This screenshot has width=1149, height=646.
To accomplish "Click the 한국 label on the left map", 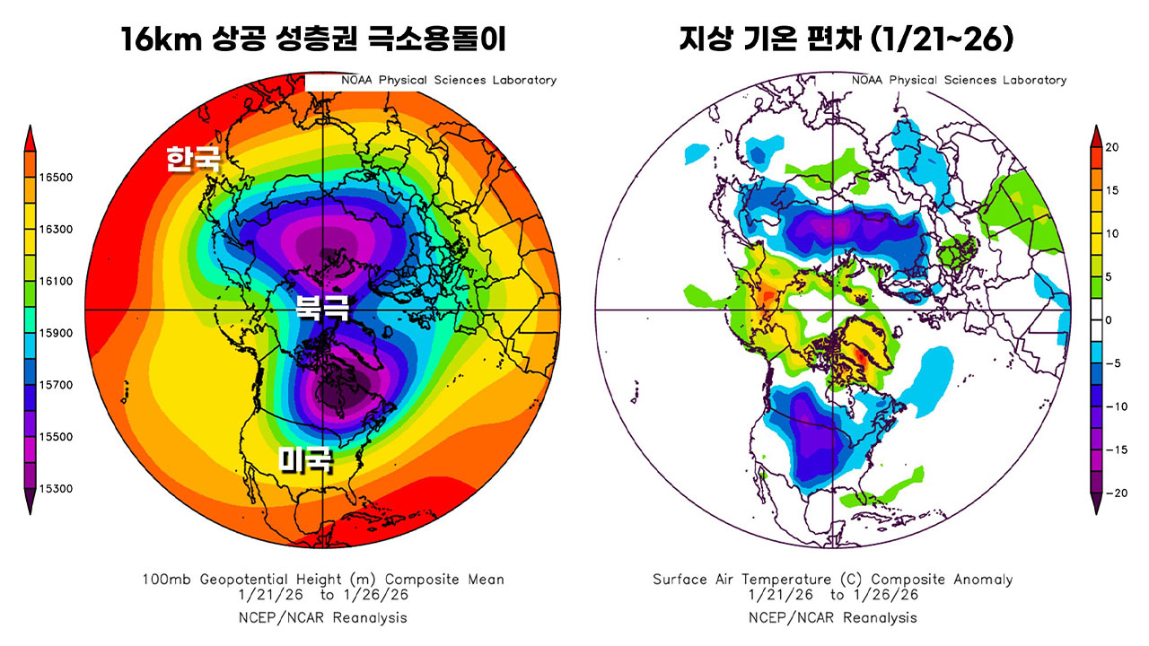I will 192,160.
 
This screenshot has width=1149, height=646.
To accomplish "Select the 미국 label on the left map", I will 306,460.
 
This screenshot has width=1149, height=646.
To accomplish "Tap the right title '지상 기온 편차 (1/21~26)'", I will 834,41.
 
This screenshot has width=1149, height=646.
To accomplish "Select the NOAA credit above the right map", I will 959,80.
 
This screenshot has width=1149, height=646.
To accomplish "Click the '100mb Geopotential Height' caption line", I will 323,580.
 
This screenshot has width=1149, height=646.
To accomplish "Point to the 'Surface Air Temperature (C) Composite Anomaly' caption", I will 833,580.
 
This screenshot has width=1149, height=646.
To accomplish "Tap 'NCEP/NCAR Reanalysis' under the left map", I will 323,617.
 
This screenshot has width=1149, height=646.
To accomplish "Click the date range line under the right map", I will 833,595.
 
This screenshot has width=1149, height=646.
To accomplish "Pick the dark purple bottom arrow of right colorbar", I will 1097,505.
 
